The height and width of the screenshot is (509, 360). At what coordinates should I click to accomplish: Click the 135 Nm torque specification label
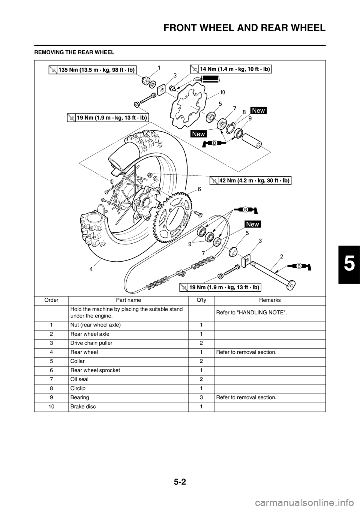(x=92, y=69)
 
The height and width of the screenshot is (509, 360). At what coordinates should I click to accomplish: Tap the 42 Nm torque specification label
(x=250, y=180)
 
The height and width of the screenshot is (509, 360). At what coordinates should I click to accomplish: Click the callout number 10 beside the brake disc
(x=222, y=92)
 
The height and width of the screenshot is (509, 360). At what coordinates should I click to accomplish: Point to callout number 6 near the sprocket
(x=199, y=189)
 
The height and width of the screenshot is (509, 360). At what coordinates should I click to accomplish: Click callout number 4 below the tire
(x=91, y=269)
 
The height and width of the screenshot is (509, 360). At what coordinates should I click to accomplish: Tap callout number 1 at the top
(x=159, y=68)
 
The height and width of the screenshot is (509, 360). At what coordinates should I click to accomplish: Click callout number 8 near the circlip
(x=244, y=112)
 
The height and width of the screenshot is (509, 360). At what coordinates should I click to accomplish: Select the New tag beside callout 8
(x=259, y=110)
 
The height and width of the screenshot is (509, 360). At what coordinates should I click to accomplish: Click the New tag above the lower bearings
(x=253, y=224)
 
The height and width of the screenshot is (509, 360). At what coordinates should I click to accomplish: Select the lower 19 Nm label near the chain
(x=220, y=287)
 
